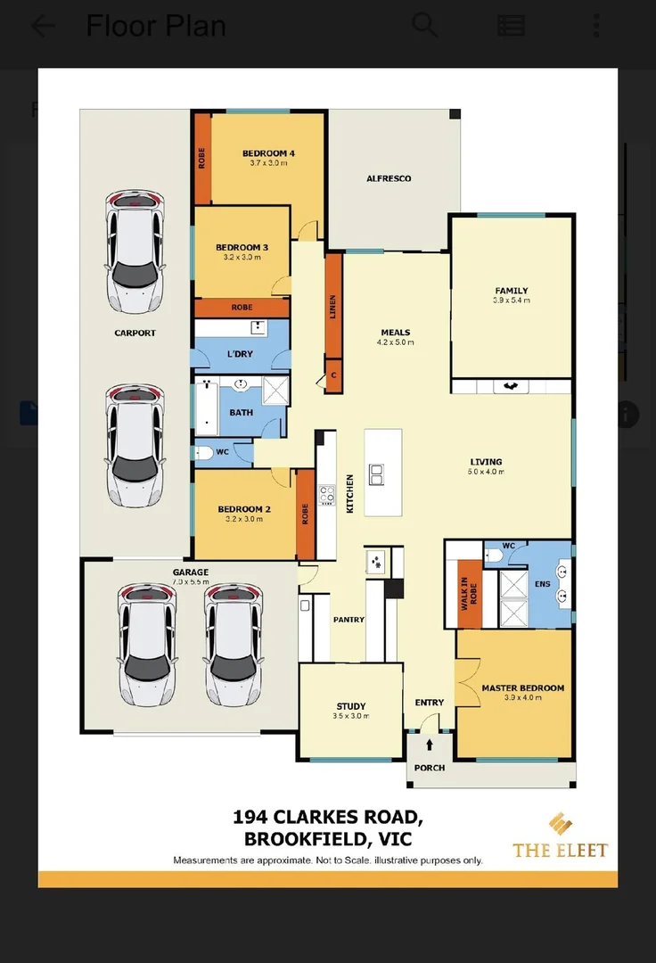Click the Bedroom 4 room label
click(x=268, y=153)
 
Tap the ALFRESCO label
click(x=389, y=178)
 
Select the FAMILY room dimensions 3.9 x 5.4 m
click(x=512, y=300)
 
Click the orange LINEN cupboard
click(x=333, y=304)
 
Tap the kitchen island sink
click(x=377, y=473)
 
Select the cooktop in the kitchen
click(x=326, y=495)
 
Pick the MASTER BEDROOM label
click(x=522, y=688)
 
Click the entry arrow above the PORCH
click(x=430, y=743)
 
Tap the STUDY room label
click(x=351, y=705)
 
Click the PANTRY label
click(x=348, y=620)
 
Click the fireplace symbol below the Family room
click(x=511, y=386)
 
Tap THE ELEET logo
click(x=560, y=836)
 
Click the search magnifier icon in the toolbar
click(x=425, y=26)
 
